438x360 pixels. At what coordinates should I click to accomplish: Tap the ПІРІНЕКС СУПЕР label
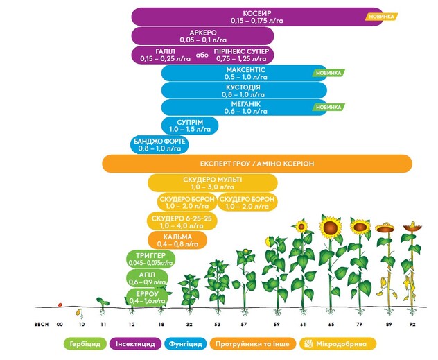point(243,55)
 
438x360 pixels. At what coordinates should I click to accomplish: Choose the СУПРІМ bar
point(189,125)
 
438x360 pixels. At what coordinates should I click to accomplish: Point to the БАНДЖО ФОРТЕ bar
point(160,144)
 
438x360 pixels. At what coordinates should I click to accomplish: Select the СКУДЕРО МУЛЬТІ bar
point(212,183)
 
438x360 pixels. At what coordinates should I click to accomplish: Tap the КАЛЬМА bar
point(177,240)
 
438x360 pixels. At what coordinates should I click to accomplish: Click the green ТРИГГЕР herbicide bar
point(150,259)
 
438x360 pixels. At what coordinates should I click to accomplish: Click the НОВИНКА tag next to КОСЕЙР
point(382,16)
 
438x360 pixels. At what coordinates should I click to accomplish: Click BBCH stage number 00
point(60,324)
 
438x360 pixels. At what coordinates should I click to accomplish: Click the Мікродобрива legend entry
point(339,343)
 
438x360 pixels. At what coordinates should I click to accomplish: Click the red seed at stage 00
point(60,305)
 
